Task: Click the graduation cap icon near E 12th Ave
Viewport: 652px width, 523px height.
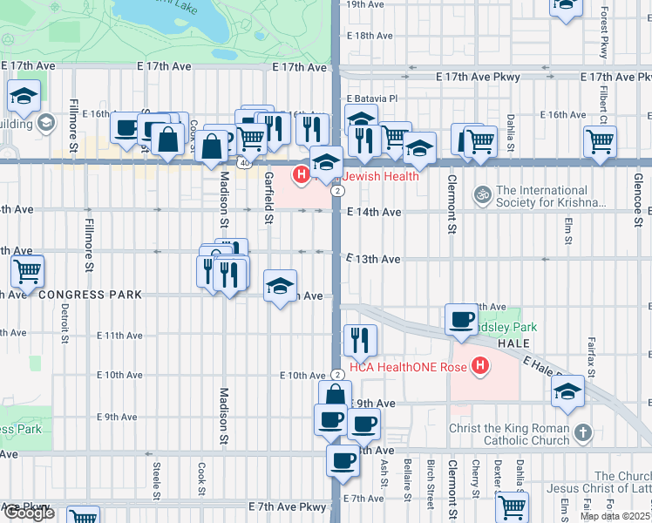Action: pos(280,287)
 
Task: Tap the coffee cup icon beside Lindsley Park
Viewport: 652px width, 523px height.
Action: pos(461,320)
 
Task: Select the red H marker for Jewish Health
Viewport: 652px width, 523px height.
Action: pos(302,176)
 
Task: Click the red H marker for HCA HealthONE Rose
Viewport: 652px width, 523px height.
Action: pos(478,366)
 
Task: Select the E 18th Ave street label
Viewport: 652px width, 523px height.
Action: pos(370,36)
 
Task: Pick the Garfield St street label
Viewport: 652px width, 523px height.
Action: pos(269,197)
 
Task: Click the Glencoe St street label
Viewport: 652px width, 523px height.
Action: pos(638,200)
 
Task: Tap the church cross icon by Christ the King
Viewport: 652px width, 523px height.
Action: pos(583,431)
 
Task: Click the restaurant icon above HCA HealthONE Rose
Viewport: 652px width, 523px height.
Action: pos(359,339)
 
